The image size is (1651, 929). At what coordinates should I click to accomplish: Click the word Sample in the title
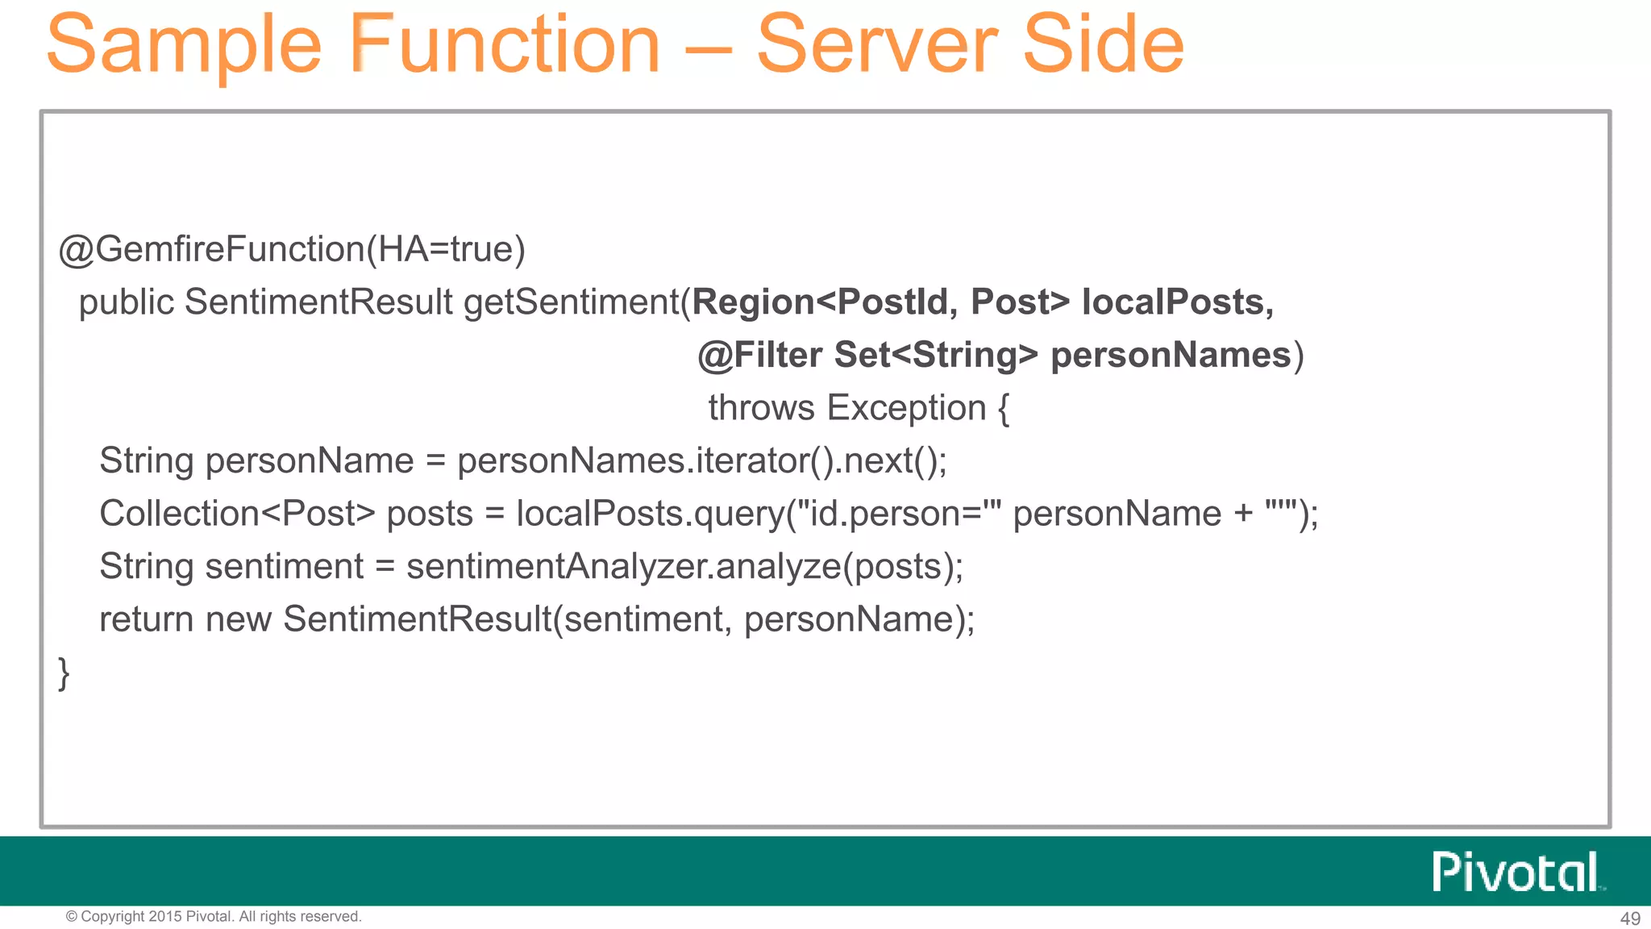coord(184,46)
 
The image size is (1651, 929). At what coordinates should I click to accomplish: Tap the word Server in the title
coord(877,46)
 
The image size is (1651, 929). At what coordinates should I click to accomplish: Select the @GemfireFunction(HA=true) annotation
coord(292,249)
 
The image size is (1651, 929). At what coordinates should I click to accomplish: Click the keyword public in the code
coord(127,302)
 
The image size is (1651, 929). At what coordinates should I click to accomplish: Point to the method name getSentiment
coord(572,302)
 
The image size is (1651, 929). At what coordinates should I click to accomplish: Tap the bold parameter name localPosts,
coord(1177,302)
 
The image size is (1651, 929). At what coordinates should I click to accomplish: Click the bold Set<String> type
coord(936,356)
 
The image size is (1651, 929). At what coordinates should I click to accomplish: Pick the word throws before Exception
coord(761,408)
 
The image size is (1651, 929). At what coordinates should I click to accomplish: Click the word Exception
coord(906,408)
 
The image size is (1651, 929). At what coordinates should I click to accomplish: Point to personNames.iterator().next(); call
coord(701,461)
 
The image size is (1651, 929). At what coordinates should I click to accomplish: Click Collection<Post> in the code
coord(237,514)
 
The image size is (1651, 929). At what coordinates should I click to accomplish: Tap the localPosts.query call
coord(650,514)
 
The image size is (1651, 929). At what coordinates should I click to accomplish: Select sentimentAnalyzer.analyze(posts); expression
coord(684,567)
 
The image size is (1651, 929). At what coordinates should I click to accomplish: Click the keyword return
coord(146,619)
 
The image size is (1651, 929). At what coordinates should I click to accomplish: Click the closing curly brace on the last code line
coord(64,673)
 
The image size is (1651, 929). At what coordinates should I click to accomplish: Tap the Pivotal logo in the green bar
coord(1516,872)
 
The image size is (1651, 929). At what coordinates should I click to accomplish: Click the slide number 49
coord(1629,919)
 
